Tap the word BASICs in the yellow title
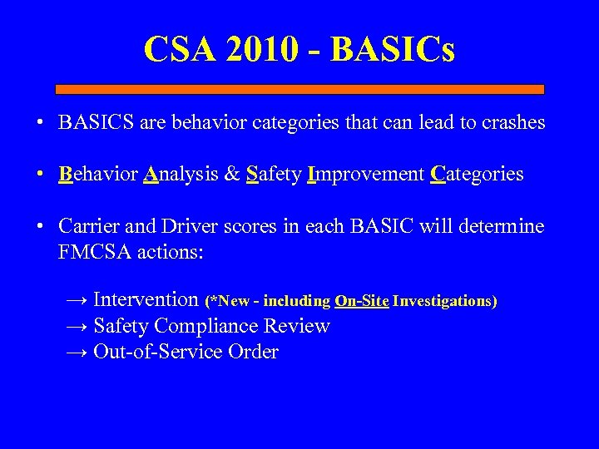tap(393, 49)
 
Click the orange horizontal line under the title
tap(299, 89)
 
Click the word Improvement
tap(366, 175)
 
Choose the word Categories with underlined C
tap(477, 175)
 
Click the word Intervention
tap(146, 299)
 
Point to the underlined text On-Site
tap(362, 301)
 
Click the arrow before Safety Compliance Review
tap(77, 326)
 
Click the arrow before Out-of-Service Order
tap(77, 352)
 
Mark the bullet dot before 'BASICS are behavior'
tap(39, 124)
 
